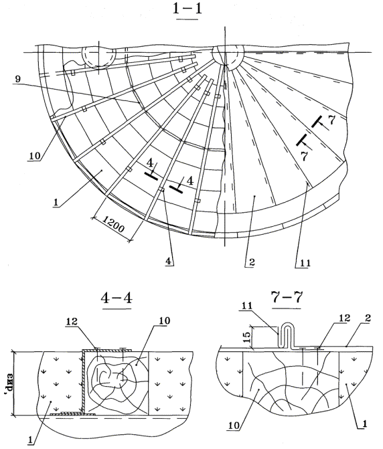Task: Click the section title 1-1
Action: tap(187, 8)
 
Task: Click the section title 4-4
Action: tap(117, 298)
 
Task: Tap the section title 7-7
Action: tap(287, 298)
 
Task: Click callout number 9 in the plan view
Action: tap(18, 79)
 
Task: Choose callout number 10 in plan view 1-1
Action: tap(33, 157)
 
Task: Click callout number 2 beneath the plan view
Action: tap(252, 262)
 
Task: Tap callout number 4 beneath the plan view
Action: tap(169, 262)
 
